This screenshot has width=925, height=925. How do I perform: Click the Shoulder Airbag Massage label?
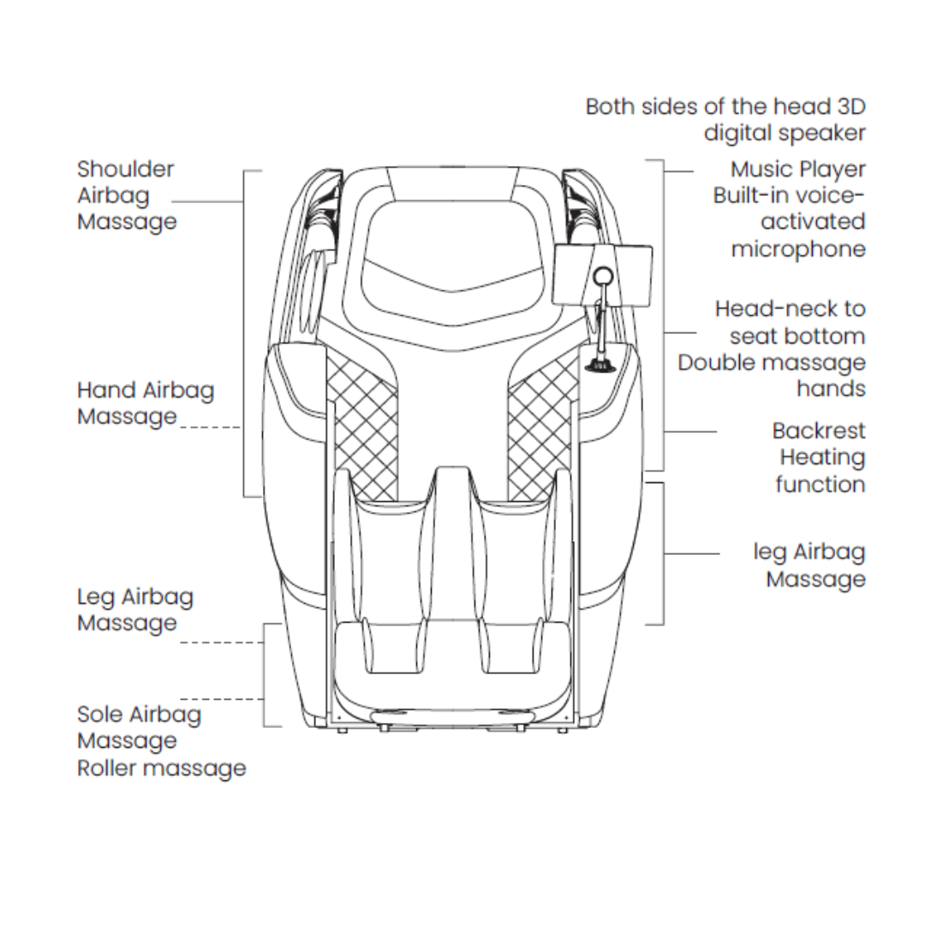click(x=127, y=195)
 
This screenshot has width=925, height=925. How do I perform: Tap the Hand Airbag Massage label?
click(x=146, y=403)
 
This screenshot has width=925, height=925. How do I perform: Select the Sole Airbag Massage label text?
click(x=140, y=727)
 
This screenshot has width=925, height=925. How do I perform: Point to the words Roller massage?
click(x=161, y=768)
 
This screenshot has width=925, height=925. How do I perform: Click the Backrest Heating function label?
click(x=819, y=457)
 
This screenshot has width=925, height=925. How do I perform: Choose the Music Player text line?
click(x=797, y=170)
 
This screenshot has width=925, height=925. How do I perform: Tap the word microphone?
click(x=798, y=249)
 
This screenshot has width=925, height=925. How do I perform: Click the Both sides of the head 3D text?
click(x=725, y=107)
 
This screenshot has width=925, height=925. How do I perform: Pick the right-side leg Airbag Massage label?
click(x=809, y=565)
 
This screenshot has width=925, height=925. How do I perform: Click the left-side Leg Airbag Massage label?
click(x=135, y=610)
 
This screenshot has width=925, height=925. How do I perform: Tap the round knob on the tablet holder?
click(x=604, y=276)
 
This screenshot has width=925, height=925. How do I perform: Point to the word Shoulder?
click(x=125, y=170)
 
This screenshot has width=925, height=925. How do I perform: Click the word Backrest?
click(x=819, y=431)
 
